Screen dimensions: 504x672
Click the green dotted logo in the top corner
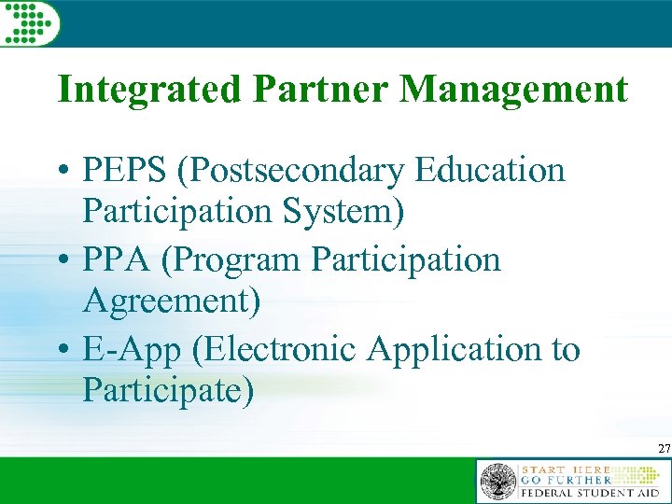coord(28,21)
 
